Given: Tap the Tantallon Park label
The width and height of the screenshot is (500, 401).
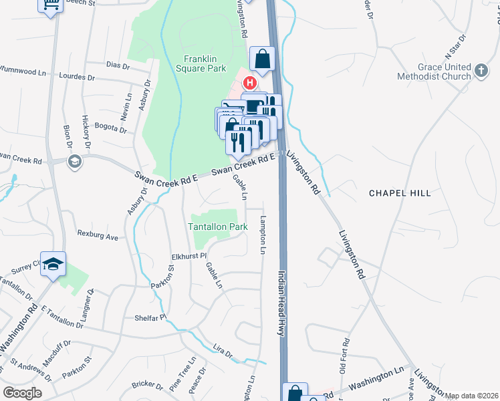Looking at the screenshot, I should pos(218,227).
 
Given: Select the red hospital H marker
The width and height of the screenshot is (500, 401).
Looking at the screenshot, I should pos(249,84).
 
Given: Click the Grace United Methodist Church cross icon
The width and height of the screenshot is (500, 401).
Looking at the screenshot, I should pos(481,71).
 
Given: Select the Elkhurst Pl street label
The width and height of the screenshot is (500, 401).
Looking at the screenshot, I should pos(172,255).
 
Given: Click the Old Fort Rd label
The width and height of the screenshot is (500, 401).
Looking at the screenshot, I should pos(342,358).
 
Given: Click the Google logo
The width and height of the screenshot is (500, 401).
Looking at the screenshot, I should pos(22,393).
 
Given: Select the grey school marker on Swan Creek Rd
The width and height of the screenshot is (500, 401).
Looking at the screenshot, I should pos(75,160).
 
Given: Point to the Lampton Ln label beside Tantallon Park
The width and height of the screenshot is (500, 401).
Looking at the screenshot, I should pos(263,235).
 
